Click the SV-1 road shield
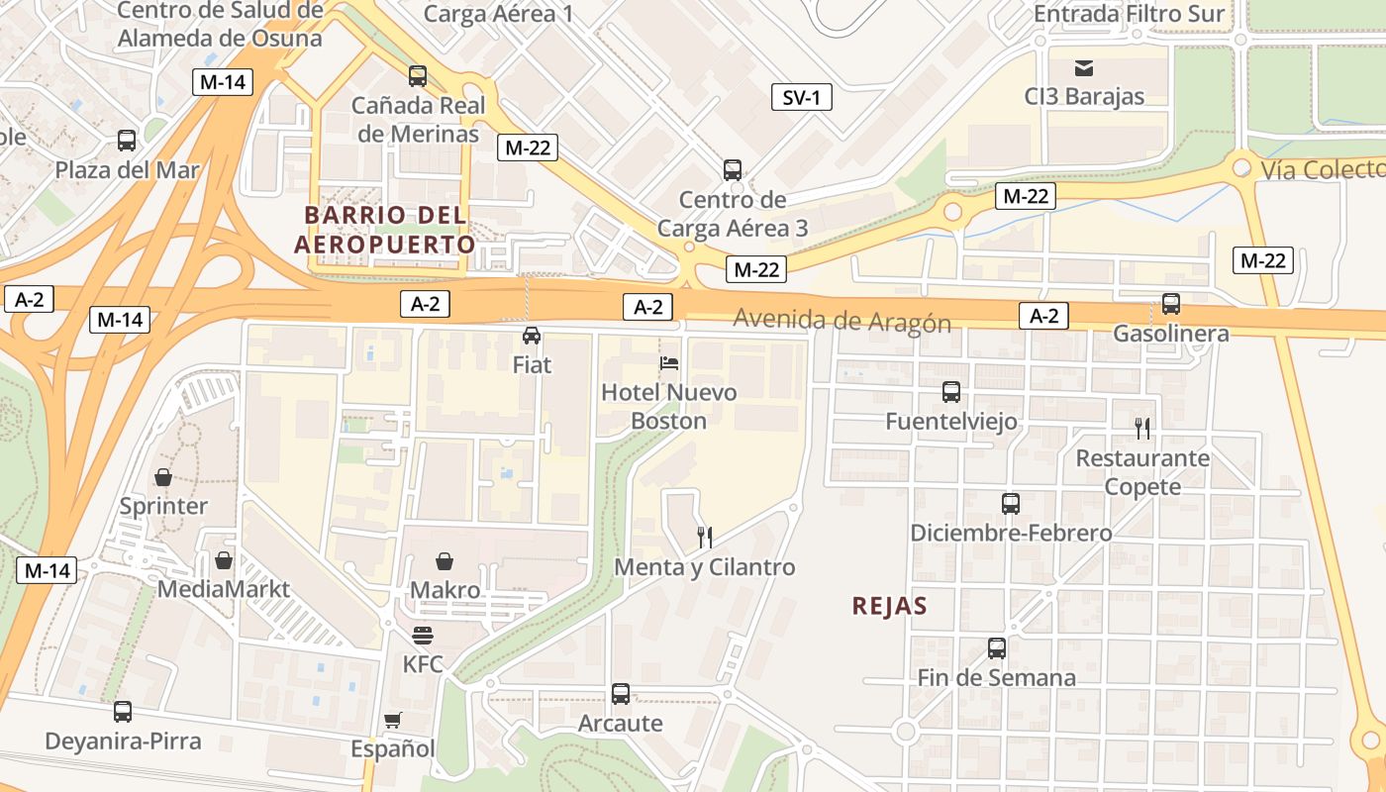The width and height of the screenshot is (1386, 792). (x=801, y=97)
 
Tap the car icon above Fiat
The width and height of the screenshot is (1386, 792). (x=532, y=335)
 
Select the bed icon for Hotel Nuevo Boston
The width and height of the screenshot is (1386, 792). (x=669, y=362)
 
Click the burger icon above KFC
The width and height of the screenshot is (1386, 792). (x=423, y=635)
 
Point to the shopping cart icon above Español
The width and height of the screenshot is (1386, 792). (x=393, y=720)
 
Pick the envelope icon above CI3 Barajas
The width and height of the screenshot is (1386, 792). (x=1084, y=67)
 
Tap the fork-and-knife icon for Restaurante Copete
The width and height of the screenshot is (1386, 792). (x=1142, y=428)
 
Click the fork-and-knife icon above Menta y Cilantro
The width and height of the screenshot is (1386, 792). (x=705, y=538)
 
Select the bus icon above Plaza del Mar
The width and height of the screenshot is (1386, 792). (x=127, y=141)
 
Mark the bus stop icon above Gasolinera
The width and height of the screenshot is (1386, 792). (x=1171, y=304)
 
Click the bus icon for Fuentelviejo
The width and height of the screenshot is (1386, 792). (x=951, y=392)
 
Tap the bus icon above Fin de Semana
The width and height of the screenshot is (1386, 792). (x=997, y=648)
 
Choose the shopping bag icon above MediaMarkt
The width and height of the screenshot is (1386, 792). (x=224, y=560)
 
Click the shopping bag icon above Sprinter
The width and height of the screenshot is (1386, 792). (x=163, y=477)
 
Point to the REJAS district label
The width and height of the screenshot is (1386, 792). (x=889, y=606)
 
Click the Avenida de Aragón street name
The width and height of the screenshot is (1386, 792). (x=841, y=322)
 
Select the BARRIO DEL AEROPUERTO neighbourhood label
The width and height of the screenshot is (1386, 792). (x=384, y=230)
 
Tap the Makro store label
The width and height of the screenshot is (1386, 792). (x=445, y=590)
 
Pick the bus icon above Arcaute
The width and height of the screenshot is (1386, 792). (x=621, y=694)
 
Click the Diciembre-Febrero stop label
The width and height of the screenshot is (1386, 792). (x=1011, y=533)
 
